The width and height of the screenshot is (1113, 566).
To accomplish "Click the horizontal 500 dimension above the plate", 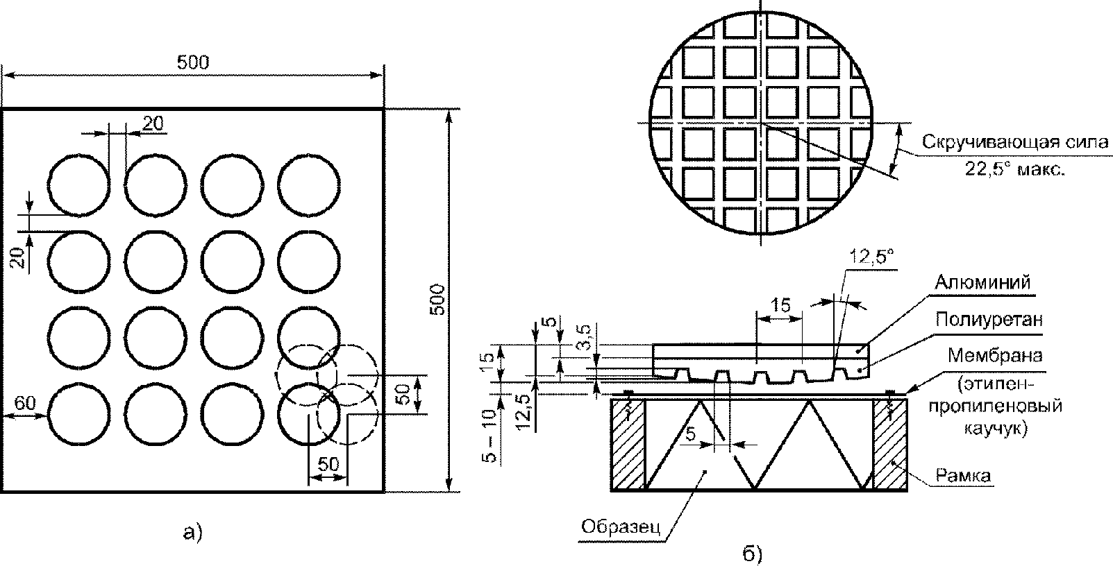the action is coord(193,62).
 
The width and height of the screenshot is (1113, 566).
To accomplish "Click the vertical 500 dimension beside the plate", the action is coord(437,300).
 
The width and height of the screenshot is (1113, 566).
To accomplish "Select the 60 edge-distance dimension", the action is coord(25,403).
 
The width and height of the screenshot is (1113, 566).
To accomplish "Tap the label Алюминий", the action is coord(982,282).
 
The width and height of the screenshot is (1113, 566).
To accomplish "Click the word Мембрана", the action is coord(994,356).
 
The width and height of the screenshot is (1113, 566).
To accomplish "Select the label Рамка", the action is coord(963,476).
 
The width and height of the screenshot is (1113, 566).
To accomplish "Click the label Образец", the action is coord(621,526).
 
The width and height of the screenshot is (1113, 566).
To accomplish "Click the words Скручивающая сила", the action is coord(1015,142).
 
